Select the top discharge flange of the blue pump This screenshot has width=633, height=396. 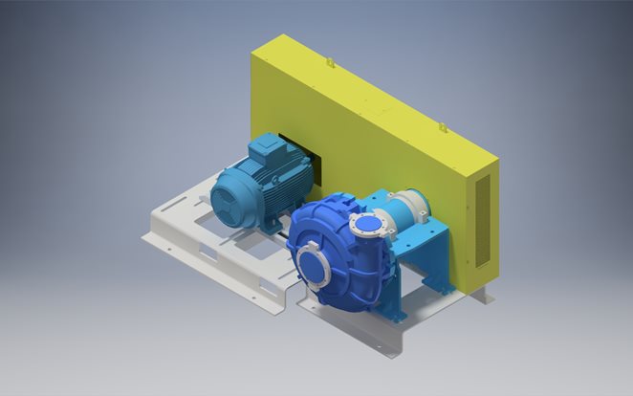368,227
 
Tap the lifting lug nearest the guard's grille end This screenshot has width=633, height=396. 443,124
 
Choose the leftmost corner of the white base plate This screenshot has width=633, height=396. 145,232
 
